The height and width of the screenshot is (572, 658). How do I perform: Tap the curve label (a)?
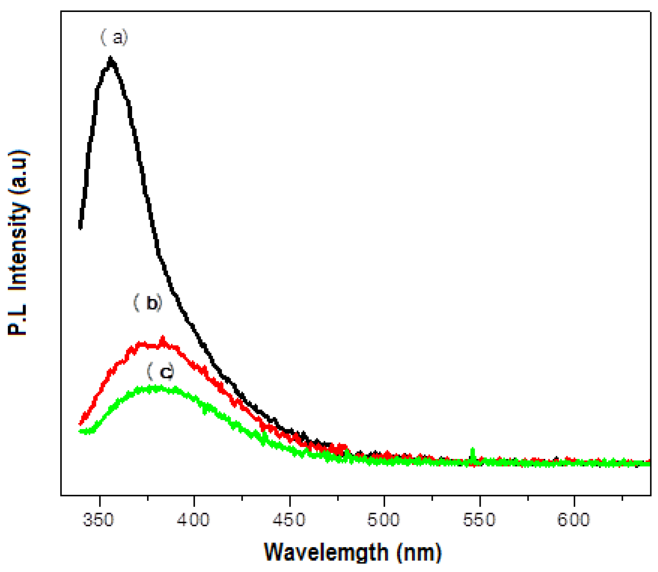pyautogui.click(x=114, y=37)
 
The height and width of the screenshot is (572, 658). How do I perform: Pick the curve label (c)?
pyautogui.click(x=161, y=371)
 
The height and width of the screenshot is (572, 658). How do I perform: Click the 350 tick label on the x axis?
pyautogui.click(x=98, y=519)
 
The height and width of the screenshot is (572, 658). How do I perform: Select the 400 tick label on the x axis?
pyautogui.click(x=193, y=519)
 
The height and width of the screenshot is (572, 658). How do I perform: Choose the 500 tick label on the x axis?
pyautogui.click(x=383, y=519)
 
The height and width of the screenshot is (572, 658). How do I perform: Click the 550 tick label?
pyautogui.click(x=479, y=519)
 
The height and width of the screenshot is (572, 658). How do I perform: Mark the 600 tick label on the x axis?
pyautogui.click(x=573, y=519)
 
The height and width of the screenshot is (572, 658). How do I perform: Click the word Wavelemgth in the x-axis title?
pyautogui.click(x=326, y=553)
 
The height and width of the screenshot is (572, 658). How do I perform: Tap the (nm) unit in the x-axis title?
pyautogui.click(x=419, y=553)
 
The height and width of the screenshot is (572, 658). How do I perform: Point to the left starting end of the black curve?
pyautogui.click(x=80, y=227)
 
